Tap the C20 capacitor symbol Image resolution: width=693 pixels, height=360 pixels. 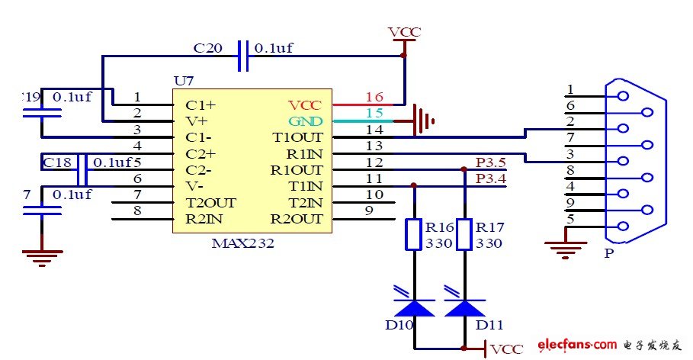coord(243,56)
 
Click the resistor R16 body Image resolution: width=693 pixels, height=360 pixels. coord(413,234)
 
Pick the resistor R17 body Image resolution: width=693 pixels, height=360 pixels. coord(464,234)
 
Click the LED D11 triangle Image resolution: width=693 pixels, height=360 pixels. coord(464,307)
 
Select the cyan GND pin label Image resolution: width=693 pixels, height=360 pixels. coord(305,121)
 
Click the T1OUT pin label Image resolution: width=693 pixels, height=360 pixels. coord(298,137)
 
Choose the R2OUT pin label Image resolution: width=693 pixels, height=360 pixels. coord(297,219)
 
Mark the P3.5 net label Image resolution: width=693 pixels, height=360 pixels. coord(490,162)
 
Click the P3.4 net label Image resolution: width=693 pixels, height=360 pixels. coord(490,178)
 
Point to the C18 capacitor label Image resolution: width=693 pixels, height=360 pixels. coord(57,162)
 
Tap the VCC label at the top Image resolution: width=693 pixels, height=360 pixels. coord(404,32)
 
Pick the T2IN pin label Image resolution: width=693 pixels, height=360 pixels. coord(305,203)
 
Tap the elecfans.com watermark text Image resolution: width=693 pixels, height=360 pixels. coord(576,346)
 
